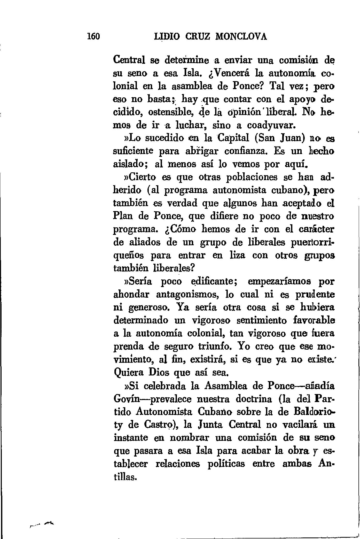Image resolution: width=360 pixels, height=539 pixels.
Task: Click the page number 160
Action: click(93, 36)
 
